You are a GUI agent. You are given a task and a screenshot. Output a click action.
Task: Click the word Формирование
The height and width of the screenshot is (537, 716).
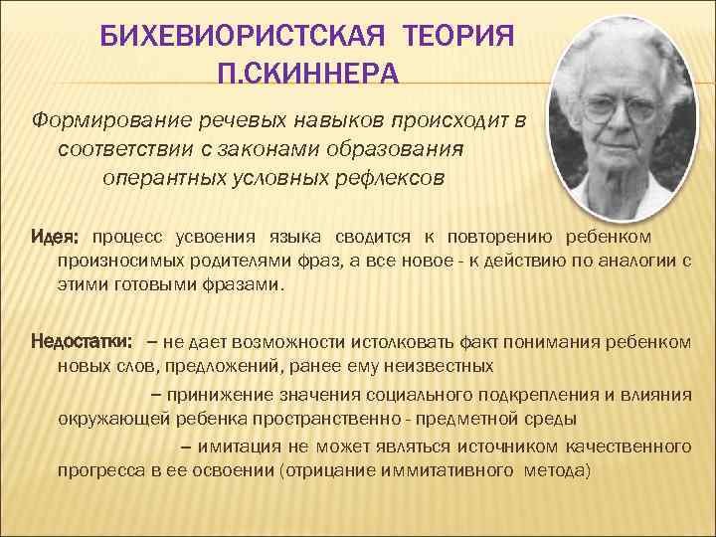(100, 120)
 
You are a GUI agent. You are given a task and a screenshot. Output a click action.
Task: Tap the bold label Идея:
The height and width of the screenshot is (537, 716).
(56, 238)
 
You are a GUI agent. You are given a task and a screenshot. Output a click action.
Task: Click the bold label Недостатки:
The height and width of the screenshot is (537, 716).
(83, 342)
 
